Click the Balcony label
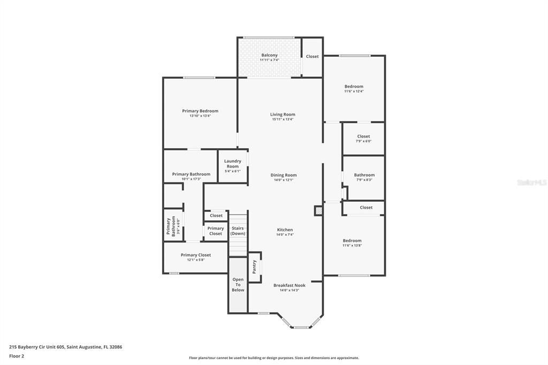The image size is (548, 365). pyautogui.click(x=269, y=55)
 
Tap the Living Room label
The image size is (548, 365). pyautogui.click(x=283, y=115)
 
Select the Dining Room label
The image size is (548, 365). pyautogui.click(x=283, y=175)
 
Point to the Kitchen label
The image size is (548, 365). pyautogui.click(x=285, y=230)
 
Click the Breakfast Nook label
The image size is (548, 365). pyautogui.click(x=290, y=285)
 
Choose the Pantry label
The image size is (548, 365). pyautogui.click(x=254, y=266)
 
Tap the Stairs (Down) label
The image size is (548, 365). pyautogui.click(x=238, y=231)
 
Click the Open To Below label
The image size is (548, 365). pyautogui.click(x=238, y=285)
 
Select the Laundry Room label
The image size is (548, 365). pyautogui.click(x=232, y=163)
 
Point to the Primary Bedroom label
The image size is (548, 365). pyautogui.click(x=200, y=111)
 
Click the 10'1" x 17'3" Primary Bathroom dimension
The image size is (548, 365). pyautogui.click(x=191, y=179)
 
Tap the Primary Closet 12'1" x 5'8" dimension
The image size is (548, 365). pyautogui.click(x=196, y=260)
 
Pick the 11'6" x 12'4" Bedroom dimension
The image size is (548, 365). pyautogui.click(x=354, y=92)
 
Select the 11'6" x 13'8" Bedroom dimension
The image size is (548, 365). pyautogui.click(x=352, y=246)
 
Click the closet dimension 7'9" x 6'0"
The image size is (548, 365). pyautogui.click(x=363, y=141)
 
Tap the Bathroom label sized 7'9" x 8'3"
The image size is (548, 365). pyautogui.click(x=364, y=175)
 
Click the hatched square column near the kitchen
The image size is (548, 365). pyautogui.click(x=318, y=211)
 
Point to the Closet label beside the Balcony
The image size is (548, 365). pyautogui.click(x=312, y=56)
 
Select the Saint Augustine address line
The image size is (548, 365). pyautogui.click(x=65, y=347)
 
